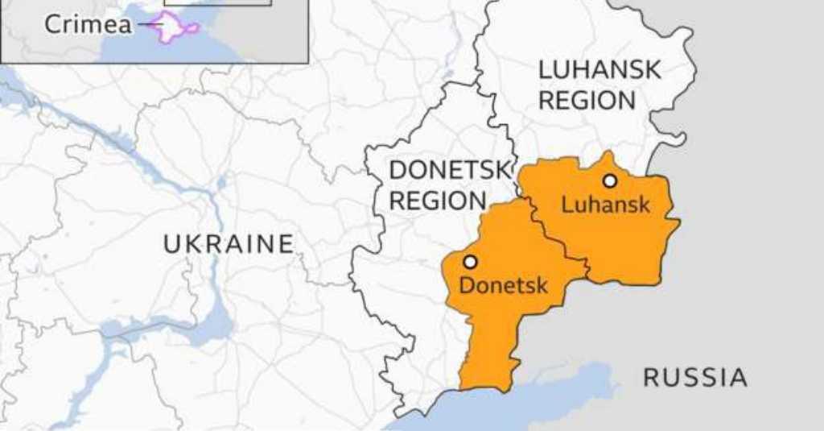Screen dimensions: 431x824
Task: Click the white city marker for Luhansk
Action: [610, 180]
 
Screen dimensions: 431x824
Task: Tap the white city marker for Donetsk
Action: [470, 261]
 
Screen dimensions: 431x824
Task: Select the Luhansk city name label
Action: [605, 204]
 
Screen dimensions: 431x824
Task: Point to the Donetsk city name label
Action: [503, 284]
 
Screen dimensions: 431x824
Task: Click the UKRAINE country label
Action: [229, 243]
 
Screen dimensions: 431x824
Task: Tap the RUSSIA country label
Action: [694, 376]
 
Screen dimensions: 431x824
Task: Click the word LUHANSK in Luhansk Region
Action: [599, 69]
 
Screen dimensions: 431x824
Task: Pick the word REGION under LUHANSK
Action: [587, 101]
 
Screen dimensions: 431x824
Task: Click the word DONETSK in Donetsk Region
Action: [450, 170]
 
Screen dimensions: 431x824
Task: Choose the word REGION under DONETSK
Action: [437, 201]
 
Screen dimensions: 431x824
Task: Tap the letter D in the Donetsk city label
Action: [466, 284]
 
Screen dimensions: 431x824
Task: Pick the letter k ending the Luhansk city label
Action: [643, 204]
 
